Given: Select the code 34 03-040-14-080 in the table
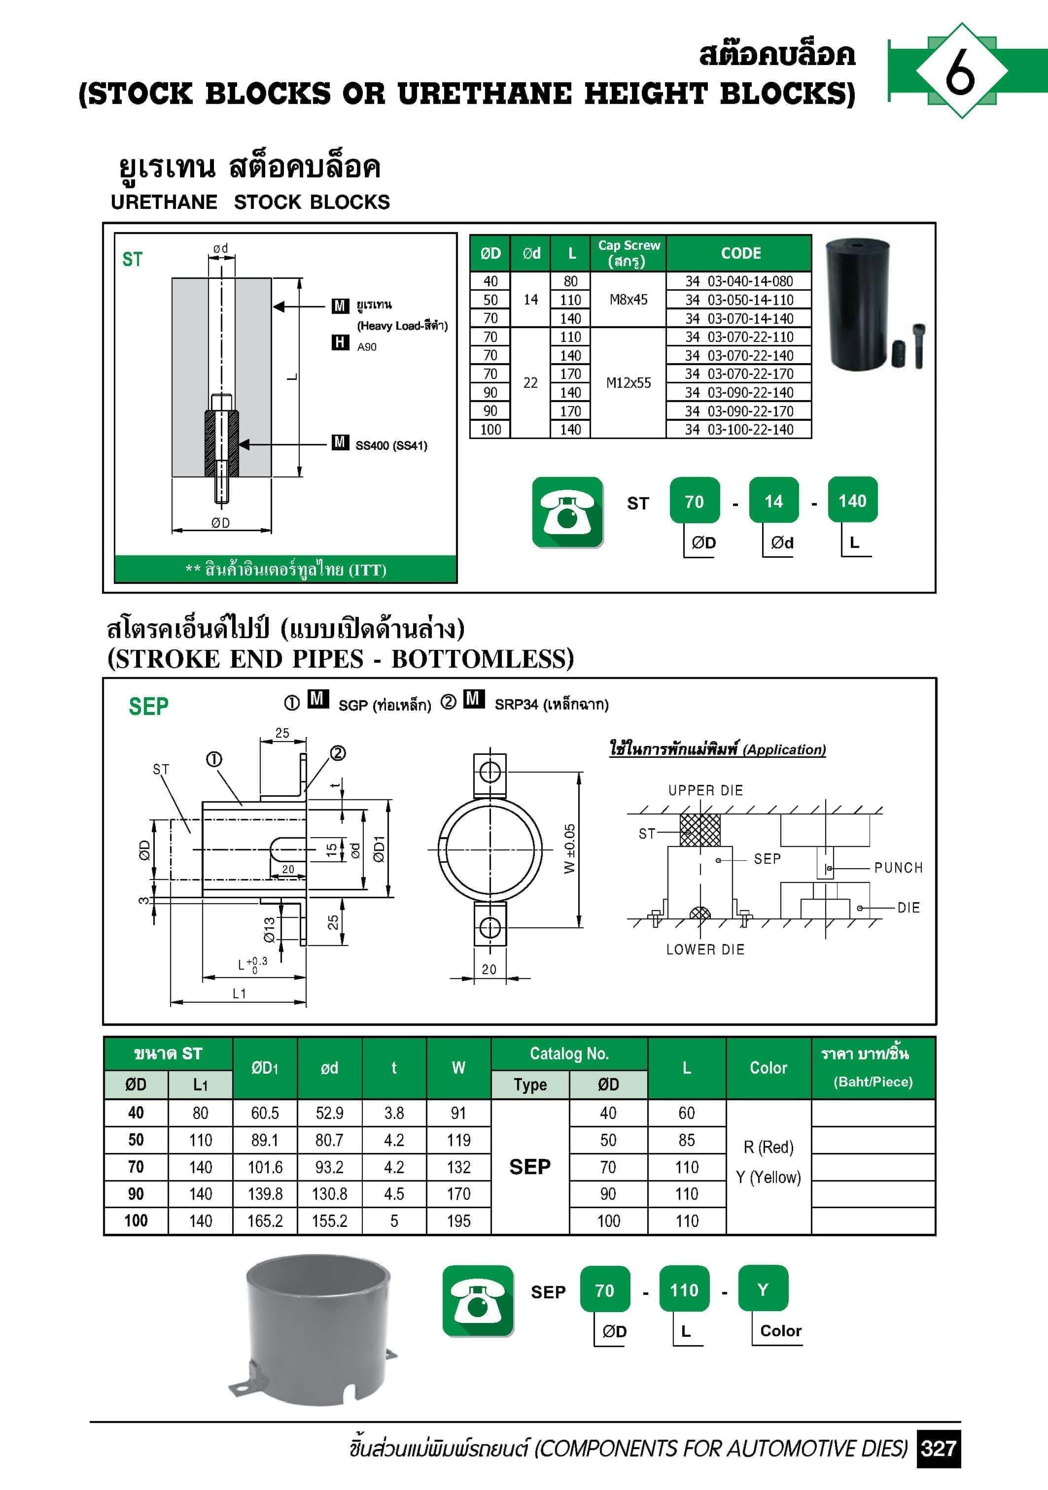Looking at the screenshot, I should click(x=739, y=281).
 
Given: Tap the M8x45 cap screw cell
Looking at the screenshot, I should click(x=628, y=299).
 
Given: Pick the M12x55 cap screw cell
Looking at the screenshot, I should click(x=628, y=383).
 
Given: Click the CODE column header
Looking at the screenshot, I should click(x=740, y=253).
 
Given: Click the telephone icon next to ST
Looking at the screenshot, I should click(x=567, y=512).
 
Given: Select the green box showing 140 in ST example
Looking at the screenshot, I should click(x=852, y=500).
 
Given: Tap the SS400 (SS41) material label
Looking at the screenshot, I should click(x=391, y=446).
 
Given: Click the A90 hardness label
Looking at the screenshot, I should click(x=367, y=346).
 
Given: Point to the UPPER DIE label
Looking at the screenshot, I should click(x=705, y=790).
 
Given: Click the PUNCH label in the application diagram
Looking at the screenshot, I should click(x=898, y=868).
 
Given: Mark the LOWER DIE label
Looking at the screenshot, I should click(x=705, y=949).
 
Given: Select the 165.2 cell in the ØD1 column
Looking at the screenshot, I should click(x=265, y=1220).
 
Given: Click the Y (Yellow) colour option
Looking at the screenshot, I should click(x=768, y=1177).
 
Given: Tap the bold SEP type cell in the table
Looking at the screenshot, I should click(x=530, y=1167).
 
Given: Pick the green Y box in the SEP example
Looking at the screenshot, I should click(x=763, y=1289).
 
